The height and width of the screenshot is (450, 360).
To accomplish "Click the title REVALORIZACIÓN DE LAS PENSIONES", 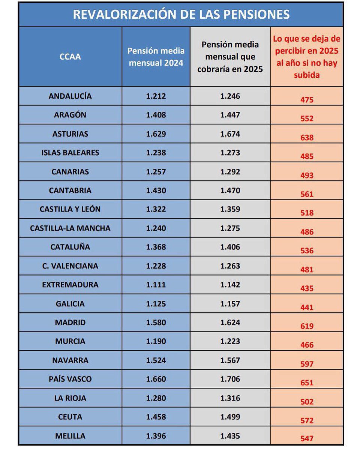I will (x=181, y=14).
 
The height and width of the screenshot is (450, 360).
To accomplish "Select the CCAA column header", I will (x=70, y=57).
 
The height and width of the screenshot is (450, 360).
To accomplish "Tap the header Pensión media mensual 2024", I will (x=156, y=57).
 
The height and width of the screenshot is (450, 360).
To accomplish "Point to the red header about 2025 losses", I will (x=307, y=57).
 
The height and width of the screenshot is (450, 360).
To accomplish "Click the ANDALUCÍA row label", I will (x=70, y=96).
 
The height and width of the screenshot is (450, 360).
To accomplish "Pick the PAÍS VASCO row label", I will (x=70, y=379).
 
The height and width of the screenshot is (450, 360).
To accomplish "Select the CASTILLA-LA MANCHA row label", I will (x=70, y=228).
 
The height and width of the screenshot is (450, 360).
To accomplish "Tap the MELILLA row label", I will (x=70, y=436).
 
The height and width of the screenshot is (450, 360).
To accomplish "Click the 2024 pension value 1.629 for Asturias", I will (x=156, y=134).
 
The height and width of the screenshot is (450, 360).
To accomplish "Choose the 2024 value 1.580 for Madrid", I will (x=156, y=322).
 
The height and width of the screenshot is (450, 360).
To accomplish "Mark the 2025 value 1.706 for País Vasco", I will (x=230, y=379).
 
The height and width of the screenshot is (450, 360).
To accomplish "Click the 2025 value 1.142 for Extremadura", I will (x=230, y=285).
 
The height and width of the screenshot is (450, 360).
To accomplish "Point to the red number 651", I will (x=307, y=383).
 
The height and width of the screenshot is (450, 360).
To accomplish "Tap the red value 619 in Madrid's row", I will (x=307, y=326).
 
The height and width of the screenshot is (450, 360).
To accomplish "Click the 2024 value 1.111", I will (x=156, y=285).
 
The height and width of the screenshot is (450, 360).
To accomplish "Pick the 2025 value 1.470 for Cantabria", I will (x=230, y=190).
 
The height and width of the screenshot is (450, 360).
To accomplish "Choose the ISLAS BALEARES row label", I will (x=70, y=153).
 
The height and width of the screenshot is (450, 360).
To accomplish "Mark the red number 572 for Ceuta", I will (x=307, y=421).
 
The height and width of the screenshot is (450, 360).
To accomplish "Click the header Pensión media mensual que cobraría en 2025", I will (x=230, y=57).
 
